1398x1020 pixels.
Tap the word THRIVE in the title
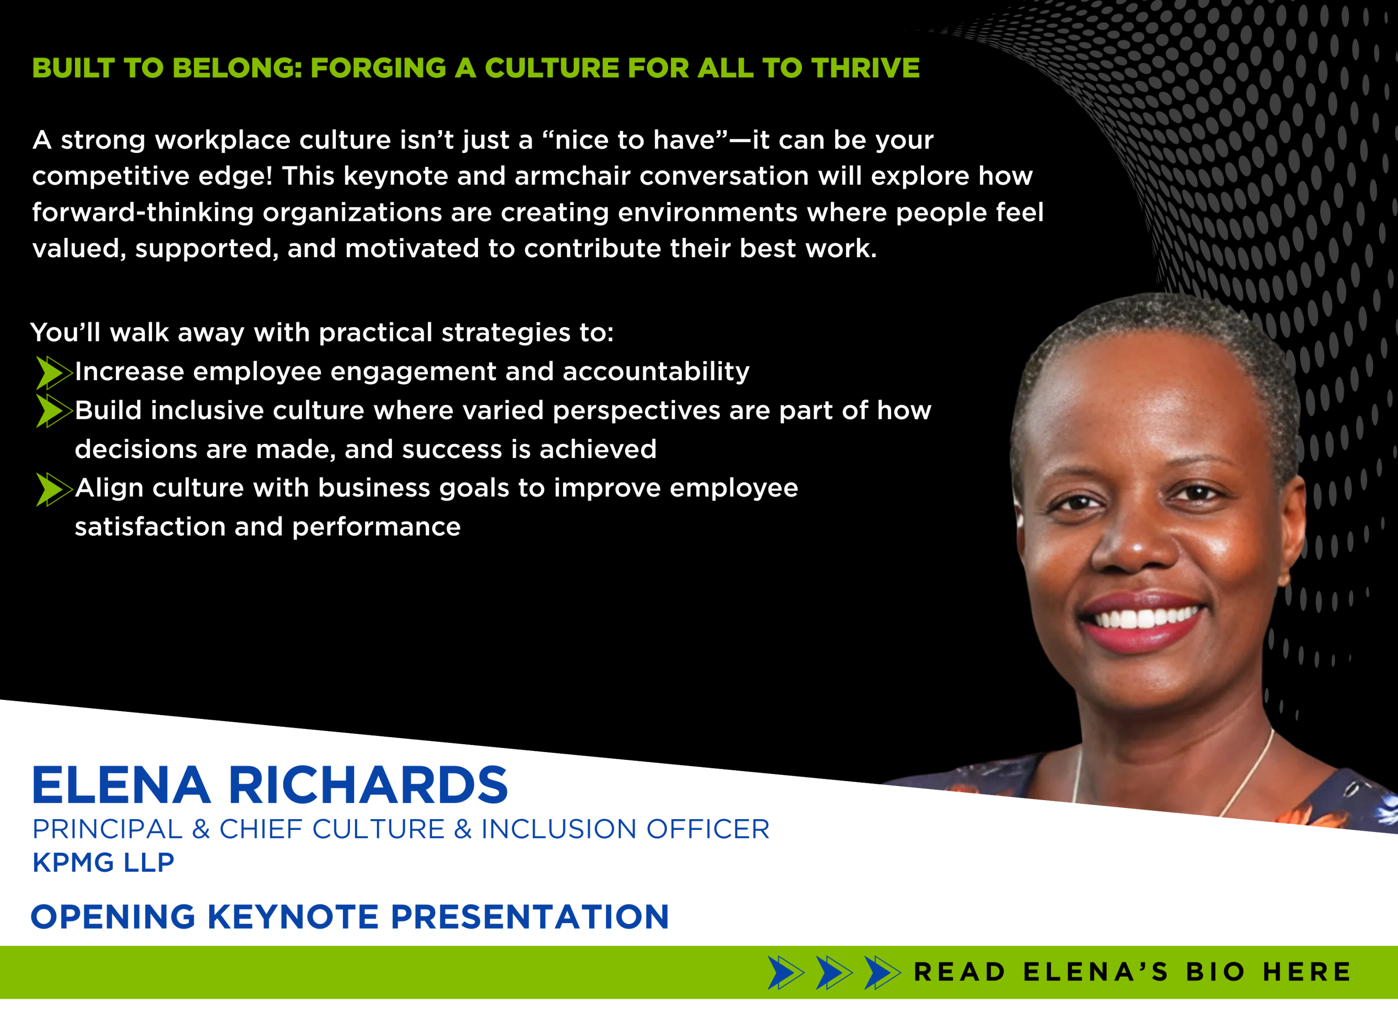[x=865, y=68]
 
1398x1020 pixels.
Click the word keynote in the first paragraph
[x=392, y=177]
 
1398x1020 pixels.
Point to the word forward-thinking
[x=143, y=213]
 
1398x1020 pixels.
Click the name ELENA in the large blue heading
[x=121, y=785]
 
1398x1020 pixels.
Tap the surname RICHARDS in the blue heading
[x=368, y=785]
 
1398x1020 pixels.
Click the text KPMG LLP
[x=103, y=863]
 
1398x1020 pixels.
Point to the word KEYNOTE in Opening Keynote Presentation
[x=293, y=917]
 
